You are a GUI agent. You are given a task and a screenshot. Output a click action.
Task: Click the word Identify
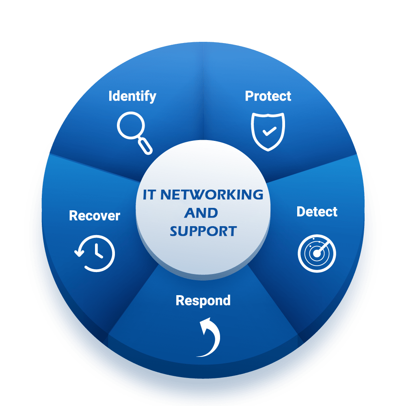[132, 96]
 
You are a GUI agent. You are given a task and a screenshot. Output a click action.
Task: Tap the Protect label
[268, 96]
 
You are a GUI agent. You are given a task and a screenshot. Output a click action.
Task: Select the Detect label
[317, 212]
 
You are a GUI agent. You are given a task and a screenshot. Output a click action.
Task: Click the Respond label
[203, 300]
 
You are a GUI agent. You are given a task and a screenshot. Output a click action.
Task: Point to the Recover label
[94, 216]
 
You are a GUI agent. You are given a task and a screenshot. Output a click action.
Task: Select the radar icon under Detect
[317, 253]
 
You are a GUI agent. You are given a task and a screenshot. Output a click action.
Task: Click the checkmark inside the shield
[269, 131]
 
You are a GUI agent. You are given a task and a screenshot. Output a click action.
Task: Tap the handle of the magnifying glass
[145, 146]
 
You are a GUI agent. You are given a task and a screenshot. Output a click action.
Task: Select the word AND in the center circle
[201, 213]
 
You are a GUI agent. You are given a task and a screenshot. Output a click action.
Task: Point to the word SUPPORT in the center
[203, 231]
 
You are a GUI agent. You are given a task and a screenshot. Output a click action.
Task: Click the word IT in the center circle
[149, 195]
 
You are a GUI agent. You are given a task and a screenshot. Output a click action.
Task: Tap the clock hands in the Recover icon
[97, 252]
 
